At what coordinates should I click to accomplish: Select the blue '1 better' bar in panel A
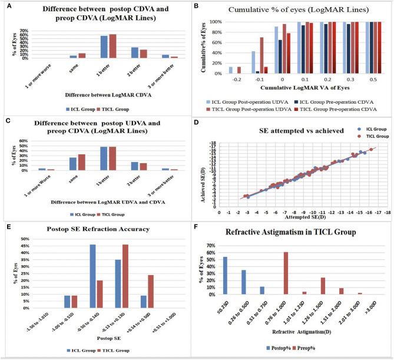click(x=104, y=47)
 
